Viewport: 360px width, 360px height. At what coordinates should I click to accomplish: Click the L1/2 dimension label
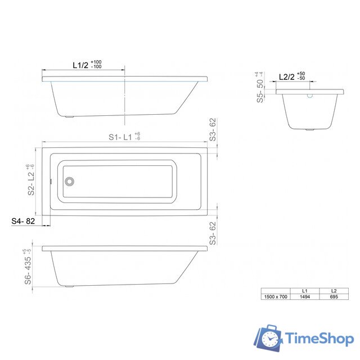click(80, 65)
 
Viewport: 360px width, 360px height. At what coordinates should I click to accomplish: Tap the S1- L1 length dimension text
click(120, 137)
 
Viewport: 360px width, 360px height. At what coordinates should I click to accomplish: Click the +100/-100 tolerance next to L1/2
click(96, 65)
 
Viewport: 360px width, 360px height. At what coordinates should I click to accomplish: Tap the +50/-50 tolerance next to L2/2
click(301, 76)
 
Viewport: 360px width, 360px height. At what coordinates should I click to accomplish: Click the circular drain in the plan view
click(69, 182)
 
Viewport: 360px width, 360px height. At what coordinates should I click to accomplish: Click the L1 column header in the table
click(304, 290)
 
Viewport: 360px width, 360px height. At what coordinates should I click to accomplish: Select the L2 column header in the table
click(334, 290)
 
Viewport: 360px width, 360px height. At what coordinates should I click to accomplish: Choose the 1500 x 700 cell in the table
click(276, 296)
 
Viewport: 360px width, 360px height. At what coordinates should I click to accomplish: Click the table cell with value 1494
click(304, 296)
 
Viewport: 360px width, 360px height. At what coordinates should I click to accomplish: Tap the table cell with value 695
click(334, 296)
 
